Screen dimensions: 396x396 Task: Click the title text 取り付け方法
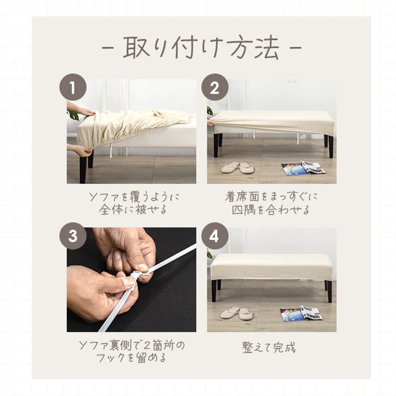201,48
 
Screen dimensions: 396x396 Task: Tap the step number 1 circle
73,88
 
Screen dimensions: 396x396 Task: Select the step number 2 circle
215,88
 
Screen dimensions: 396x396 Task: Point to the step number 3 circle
73,236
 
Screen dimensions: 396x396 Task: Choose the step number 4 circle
215,236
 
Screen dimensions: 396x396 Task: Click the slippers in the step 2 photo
238,168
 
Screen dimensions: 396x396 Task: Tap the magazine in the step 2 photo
303,168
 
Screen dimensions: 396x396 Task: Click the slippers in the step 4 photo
236,313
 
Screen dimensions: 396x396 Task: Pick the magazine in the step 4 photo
301,314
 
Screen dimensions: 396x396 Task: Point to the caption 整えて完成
269,348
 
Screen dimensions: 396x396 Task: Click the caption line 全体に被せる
133,209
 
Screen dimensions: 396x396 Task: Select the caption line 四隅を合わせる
271,210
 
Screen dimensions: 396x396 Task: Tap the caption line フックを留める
131,358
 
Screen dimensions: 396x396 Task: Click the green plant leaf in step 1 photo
73,115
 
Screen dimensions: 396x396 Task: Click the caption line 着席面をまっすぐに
271,197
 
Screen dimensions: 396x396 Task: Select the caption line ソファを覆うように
134,197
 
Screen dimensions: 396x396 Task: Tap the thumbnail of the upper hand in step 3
142,268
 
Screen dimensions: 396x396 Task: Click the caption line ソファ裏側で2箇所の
132,345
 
